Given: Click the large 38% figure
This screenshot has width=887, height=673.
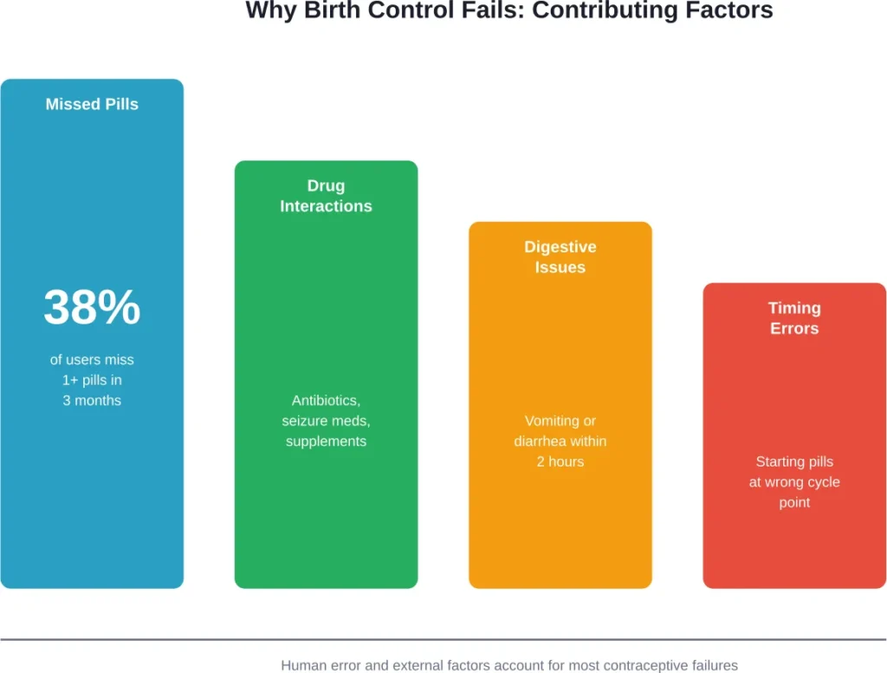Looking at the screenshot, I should (x=92, y=308).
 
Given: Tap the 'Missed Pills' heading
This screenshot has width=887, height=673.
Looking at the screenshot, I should (x=92, y=104).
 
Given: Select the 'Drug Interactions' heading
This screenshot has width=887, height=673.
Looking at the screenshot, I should (x=326, y=196).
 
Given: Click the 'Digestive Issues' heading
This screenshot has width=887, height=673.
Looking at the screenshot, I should (x=560, y=257).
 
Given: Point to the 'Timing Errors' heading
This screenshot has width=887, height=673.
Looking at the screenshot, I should (x=794, y=318).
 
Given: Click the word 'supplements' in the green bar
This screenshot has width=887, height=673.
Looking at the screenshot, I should (x=326, y=441).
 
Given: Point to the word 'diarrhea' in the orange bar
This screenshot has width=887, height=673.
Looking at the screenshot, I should (x=541, y=441).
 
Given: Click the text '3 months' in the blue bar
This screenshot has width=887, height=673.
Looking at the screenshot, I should (x=92, y=401).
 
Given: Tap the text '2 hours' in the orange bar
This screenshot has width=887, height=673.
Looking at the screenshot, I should (x=560, y=461).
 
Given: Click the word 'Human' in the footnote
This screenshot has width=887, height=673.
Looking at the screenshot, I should (x=302, y=665).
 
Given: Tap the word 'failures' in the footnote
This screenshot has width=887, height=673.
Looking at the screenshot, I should (x=713, y=665).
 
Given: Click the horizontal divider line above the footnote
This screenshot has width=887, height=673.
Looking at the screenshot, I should (x=443, y=640).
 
